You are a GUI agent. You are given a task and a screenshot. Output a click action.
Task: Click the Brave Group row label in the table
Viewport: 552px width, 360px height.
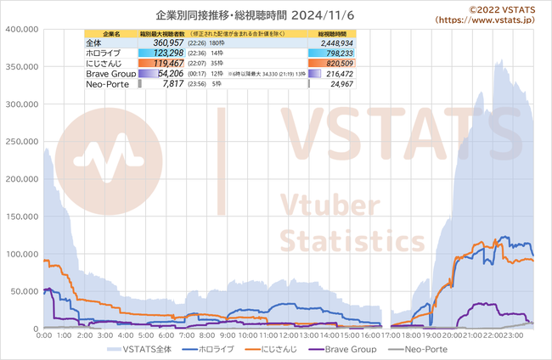coord(110,75)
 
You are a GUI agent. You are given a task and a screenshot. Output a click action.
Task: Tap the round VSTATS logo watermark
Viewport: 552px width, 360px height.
coord(99,159)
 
